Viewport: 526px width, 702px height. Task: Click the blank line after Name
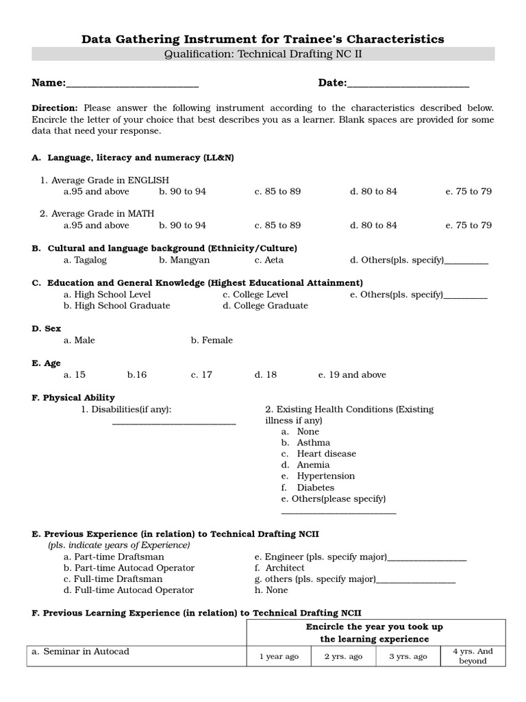pos(132,85)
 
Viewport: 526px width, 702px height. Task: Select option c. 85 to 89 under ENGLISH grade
pos(277,191)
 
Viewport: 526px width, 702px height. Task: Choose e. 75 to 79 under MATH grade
pos(468,225)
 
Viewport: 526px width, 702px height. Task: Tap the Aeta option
pos(268,260)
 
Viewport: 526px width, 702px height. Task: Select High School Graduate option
pos(116,306)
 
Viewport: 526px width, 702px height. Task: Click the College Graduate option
pos(265,306)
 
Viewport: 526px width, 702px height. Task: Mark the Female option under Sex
pos(212,340)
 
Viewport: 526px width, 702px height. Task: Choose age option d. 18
pos(266,374)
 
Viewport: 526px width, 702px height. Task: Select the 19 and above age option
pos(352,374)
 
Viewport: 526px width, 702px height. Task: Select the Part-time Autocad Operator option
pos(129,568)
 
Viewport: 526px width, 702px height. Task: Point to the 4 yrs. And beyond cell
pos(473,656)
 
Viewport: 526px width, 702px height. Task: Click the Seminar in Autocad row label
pos(80,652)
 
